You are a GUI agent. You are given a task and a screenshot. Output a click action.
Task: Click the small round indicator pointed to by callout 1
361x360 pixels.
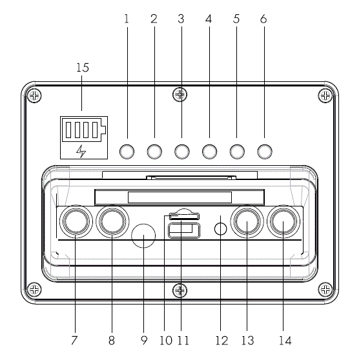pos(127,152)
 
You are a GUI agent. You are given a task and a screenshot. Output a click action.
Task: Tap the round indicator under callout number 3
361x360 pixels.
pos(181,152)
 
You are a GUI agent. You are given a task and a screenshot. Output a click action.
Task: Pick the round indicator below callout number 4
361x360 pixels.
pos(209,152)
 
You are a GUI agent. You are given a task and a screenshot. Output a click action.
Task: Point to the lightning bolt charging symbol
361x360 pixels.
pos(81,151)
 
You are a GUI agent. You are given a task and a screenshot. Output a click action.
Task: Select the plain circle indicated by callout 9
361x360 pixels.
pos(143,235)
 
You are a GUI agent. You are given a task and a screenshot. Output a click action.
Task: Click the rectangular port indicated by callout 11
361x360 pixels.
pos(183,230)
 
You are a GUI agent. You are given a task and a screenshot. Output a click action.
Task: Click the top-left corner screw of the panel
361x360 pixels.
pos(35,95)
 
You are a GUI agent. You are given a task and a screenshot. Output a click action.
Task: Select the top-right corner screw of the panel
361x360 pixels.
pos(325,95)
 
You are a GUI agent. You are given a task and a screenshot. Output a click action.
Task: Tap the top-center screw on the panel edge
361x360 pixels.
pos(180,95)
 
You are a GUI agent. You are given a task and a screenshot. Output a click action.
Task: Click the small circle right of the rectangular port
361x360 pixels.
pos(220,229)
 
